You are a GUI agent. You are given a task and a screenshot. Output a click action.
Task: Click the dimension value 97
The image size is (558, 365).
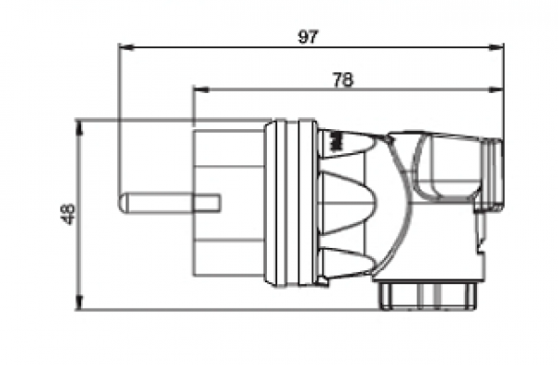pyautogui.click(x=308, y=37)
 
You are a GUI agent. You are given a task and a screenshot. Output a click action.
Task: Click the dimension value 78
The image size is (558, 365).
pyautogui.click(x=343, y=80)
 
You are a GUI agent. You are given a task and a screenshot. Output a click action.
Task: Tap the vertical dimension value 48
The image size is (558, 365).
pyautogui.click(x=68, y=214)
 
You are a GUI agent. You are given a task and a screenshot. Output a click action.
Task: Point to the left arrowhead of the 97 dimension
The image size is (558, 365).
pyautogui.click(x=126, y=47)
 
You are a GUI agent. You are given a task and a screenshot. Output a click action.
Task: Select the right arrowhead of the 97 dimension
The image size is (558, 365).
pyautogui.click(x=497, y=47)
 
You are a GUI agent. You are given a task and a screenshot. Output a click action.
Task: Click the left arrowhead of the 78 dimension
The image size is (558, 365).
pyautogui.click(x=201, y=89)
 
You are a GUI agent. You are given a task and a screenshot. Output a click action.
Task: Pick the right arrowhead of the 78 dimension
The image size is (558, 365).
pyautogui.click(x=497, y=89)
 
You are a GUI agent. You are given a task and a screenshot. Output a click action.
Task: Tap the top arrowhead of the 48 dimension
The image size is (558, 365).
pyautogui.click(x=79, y=128)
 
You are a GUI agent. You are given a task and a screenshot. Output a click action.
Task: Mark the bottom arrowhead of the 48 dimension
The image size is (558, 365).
pyautogui.click(x=79, y=303)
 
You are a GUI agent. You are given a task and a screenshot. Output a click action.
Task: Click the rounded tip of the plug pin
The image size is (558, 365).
pyautogui.click(x=122, y=203)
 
